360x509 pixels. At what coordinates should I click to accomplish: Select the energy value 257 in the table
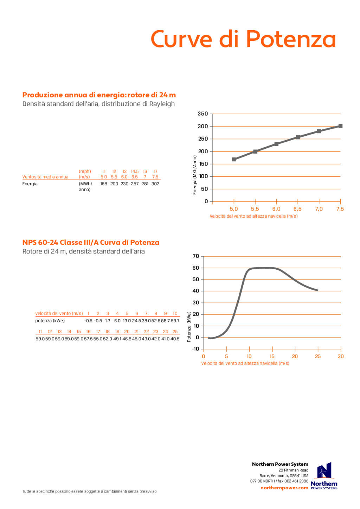click(x=135, y=184)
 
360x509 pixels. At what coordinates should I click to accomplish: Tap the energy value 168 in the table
click(x=104, y=184)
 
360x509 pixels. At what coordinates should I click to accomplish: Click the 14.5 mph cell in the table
click(x=135, y=172)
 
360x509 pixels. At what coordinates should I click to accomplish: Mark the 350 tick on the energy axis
click(x=203, y=114)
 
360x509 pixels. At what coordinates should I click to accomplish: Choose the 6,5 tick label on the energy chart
click(x=297, y=209)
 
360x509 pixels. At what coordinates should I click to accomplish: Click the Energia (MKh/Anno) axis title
click(x=195, y=175)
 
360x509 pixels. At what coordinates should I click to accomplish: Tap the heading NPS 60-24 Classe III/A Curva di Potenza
click(x=91, y=243)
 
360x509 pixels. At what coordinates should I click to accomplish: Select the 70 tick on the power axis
click(x=196, y=256)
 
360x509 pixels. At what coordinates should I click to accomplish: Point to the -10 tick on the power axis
click(x=195, y=349)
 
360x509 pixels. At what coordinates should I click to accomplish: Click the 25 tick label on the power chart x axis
click(x=318, y=356)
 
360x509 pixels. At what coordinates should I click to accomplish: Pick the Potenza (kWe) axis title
click(x=189, y=327)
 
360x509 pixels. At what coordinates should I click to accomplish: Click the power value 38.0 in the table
click(x=146, y=321)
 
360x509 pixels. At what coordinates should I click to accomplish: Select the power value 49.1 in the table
click(x=117, y=339)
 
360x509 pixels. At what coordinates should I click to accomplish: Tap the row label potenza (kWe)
click(x=50, y=321)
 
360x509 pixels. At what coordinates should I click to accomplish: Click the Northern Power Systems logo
click(x=324, y=476)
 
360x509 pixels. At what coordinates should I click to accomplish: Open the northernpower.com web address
click(x=284, y=488)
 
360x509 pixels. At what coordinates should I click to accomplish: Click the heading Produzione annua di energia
click(x=99, y=95)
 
